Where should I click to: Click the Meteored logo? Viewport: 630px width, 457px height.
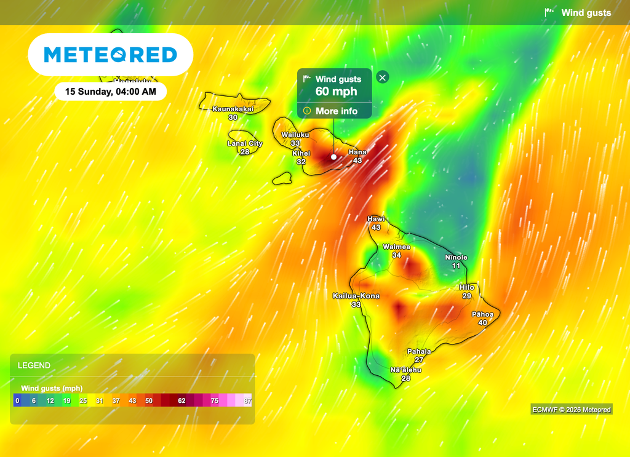coord(111,55)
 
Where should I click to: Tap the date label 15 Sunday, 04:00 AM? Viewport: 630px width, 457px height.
coord(111,92)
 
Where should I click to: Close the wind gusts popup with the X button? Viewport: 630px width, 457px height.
coord(383,77)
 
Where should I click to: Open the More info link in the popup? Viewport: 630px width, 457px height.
coord(336,111)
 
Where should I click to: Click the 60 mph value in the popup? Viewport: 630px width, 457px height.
coord(336,92)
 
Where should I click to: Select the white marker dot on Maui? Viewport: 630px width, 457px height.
coord(333,156)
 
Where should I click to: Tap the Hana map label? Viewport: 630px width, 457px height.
coord(357,152)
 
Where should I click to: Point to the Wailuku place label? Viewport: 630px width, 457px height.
coord(295,135)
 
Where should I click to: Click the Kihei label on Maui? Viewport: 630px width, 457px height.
coord(301,153)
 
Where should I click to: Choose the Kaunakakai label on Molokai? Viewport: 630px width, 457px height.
coord(233,109)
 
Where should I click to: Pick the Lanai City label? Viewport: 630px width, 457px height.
coord(245,143)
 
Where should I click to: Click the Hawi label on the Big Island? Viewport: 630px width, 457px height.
coord(376,219)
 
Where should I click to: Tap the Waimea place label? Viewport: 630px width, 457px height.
coord(396,247)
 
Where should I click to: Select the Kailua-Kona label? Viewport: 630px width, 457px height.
coord(356,296)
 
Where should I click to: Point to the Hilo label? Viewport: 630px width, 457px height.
coord(467,287)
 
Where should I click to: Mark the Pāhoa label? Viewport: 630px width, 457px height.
coord(482,314)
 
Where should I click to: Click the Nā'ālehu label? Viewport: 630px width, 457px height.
coord(405,370)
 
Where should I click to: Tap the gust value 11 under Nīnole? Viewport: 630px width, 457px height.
coord(456,266)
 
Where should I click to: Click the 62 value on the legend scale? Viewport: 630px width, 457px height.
coord(181,400)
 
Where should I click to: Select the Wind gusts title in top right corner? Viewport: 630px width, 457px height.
coord(586,12)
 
